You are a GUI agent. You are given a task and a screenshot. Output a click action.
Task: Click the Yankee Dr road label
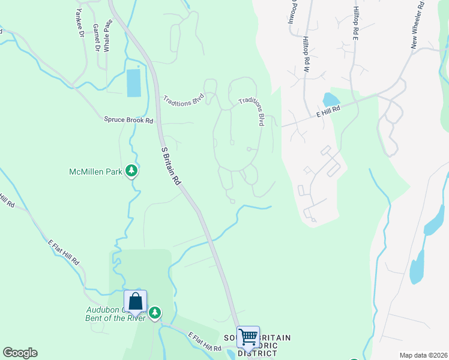tap(80, 23)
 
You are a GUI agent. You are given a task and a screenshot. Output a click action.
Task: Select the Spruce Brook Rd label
tap(129, 120)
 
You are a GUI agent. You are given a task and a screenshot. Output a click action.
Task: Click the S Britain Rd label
tap(171, 165)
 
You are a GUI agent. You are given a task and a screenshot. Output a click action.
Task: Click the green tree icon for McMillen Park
tap(132, 172)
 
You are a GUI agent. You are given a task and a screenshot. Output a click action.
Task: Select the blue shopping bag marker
tap(136, 301)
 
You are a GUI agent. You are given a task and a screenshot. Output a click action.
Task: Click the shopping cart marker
tap(248, 337)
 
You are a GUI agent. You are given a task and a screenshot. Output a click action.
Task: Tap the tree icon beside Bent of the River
tap(155, 312)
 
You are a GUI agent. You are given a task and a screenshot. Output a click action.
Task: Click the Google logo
tap(20, 353)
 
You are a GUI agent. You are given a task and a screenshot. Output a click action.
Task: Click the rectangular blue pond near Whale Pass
tap(133, 83)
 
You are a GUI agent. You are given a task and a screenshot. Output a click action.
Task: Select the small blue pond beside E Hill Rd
tap(331, 100)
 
